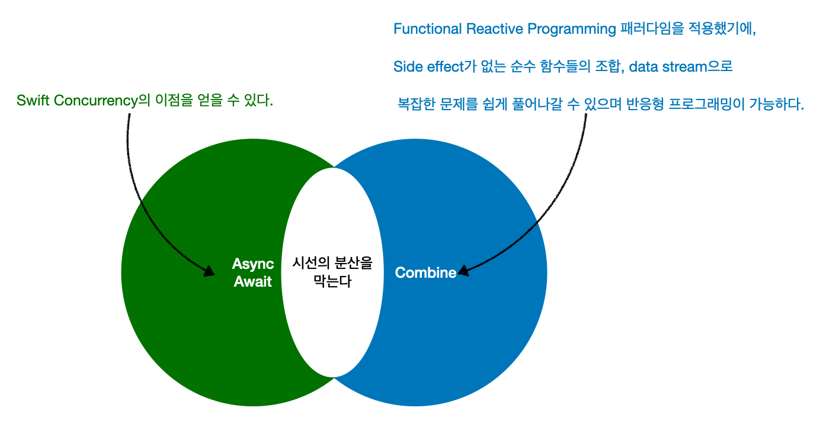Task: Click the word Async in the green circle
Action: (253, 264)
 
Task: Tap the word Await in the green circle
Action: (253, 281)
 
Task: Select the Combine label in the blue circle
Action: (425, 272)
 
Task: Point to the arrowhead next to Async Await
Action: (209, 272)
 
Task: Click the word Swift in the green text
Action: (32, 101)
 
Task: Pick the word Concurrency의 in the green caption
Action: (100, 101)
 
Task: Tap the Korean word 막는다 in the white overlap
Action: (332, 281)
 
